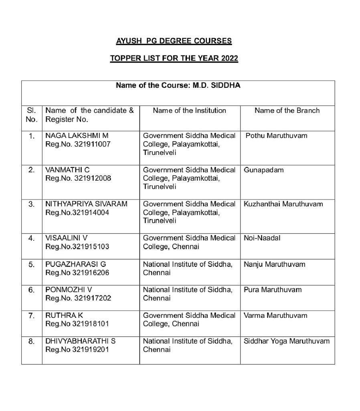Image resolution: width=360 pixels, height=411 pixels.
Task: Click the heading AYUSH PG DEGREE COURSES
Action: (x=174, y=41)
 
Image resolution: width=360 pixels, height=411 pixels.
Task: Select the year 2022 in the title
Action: (x=229, y=58)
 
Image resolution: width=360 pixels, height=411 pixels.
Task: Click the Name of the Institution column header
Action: (x=189, y=110)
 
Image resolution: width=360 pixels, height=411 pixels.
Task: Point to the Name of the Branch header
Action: (x=287, y=110)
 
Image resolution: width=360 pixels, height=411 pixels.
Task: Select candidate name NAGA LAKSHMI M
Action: (x=77, y=136)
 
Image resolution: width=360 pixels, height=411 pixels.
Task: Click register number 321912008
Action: (x=92, y=178)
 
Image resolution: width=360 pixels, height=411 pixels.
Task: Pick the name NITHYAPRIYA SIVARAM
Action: (x=86, y=204)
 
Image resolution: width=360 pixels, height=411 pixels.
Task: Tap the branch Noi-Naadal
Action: (x=262, y=238)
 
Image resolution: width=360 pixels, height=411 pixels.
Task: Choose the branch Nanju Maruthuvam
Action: (x=274, y=264)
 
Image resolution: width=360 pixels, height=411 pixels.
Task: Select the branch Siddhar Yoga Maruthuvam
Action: (x=286, y=341)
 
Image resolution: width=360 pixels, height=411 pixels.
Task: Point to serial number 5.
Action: (x=31, y=265)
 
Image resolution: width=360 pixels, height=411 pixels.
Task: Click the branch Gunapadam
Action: (x=263, y=170)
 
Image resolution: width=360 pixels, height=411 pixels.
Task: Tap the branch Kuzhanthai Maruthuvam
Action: (x=283, y=204)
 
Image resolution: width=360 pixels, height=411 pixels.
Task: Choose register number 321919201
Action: (x=91, y=350)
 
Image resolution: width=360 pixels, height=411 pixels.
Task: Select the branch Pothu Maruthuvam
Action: (x=276, y=136)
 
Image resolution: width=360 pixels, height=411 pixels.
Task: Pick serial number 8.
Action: (x=31, y=342)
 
